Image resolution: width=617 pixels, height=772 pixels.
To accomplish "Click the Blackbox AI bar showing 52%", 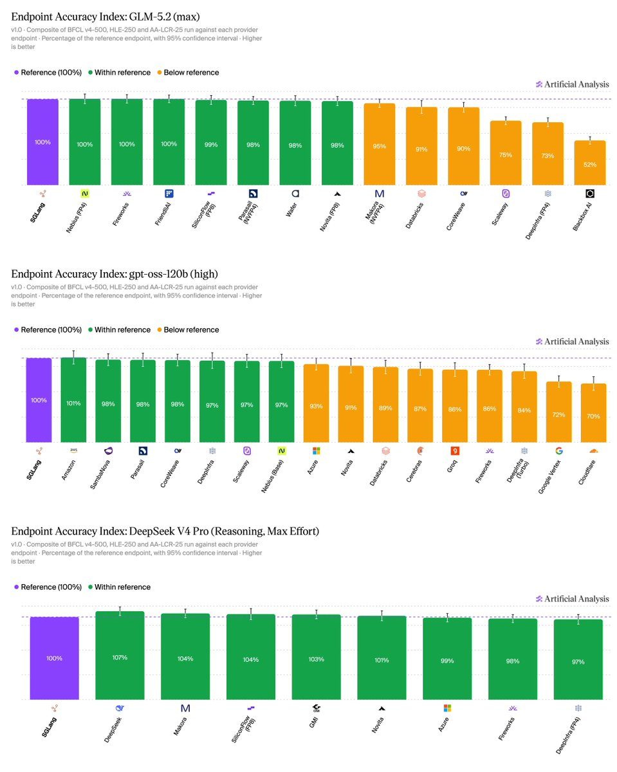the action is (590, 163).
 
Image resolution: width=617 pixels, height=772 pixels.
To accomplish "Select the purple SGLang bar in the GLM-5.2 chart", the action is (42, 142).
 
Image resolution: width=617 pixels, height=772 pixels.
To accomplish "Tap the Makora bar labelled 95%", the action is (380, 144).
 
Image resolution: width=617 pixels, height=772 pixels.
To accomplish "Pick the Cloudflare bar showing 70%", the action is (593, 413).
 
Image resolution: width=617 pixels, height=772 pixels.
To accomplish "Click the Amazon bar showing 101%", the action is (73, 400).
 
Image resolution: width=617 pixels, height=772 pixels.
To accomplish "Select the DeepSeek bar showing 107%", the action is (120, 656).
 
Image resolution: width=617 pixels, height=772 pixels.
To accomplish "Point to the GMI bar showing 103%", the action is (316, 657).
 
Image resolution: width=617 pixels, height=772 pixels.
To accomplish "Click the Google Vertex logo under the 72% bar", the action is (558, 451).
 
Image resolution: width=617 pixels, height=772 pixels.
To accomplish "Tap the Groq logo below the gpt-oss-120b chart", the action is (455, 450).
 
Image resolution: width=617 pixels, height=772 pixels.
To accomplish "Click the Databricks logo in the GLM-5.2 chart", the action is (421, 194).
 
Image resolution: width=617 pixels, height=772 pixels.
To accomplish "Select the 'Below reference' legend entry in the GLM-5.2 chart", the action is (188, 73).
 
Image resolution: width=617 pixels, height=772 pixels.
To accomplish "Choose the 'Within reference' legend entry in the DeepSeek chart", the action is (120, 587).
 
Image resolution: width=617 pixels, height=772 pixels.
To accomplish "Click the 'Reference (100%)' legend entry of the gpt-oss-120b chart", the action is (48, 329).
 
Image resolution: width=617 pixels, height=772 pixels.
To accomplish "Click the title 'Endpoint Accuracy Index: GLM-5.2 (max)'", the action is (106, 17).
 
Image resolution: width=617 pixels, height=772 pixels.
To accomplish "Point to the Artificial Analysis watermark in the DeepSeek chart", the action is (572, 599).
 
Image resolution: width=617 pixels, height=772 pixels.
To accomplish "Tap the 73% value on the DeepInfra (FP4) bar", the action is (548, 156).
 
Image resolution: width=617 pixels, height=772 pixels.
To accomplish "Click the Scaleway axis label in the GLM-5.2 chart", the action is (500, 214).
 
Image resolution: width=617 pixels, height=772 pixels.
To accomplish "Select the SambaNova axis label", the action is (100, 474).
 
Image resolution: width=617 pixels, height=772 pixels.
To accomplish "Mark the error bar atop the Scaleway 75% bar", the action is (506, 120).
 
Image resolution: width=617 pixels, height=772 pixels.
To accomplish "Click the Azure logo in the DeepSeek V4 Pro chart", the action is (447, 708).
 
